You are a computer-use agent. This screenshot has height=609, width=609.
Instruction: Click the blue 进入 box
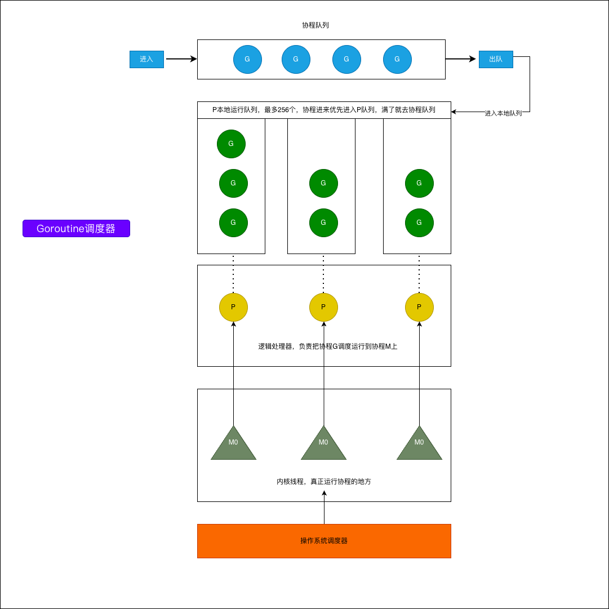coord(146,59)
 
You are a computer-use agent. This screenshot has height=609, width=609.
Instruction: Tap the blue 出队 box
coord(496,59)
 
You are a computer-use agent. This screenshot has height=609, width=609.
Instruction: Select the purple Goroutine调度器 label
coord(76,228)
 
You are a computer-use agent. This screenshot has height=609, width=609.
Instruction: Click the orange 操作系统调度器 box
coord(324,541)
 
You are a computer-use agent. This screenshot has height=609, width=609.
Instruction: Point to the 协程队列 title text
coord(315,25)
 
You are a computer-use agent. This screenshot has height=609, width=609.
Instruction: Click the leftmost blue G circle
coord(247,59)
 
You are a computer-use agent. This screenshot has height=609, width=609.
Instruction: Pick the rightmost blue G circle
coord(397,59)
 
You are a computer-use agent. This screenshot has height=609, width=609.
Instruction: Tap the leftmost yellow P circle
coord(233,307)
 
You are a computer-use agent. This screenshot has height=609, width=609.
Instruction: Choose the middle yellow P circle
coord(323,307)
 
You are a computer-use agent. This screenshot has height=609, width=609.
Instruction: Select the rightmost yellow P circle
coord(419,307)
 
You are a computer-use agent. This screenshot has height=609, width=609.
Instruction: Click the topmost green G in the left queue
coord(231,144)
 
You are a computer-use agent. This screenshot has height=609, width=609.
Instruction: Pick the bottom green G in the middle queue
coord(323,223)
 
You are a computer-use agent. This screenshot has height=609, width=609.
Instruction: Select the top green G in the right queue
coord(419,183)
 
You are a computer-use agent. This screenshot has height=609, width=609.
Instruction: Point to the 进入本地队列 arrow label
coord(503,113)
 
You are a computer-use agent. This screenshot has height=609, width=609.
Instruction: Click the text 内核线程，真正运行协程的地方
coord(324,482)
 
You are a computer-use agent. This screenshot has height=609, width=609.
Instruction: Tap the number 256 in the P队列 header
coord(283,110)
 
